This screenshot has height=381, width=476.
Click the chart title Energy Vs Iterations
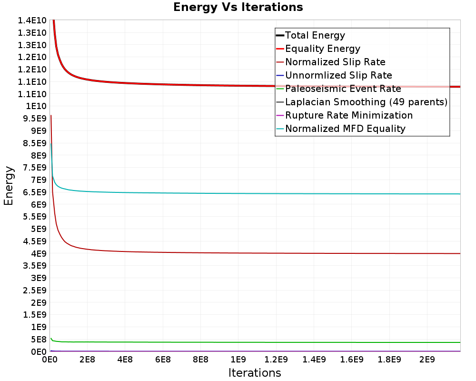[x=238, y=7]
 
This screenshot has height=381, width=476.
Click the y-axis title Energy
[x=9, y=185]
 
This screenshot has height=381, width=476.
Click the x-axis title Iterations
[x=255, y=372]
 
